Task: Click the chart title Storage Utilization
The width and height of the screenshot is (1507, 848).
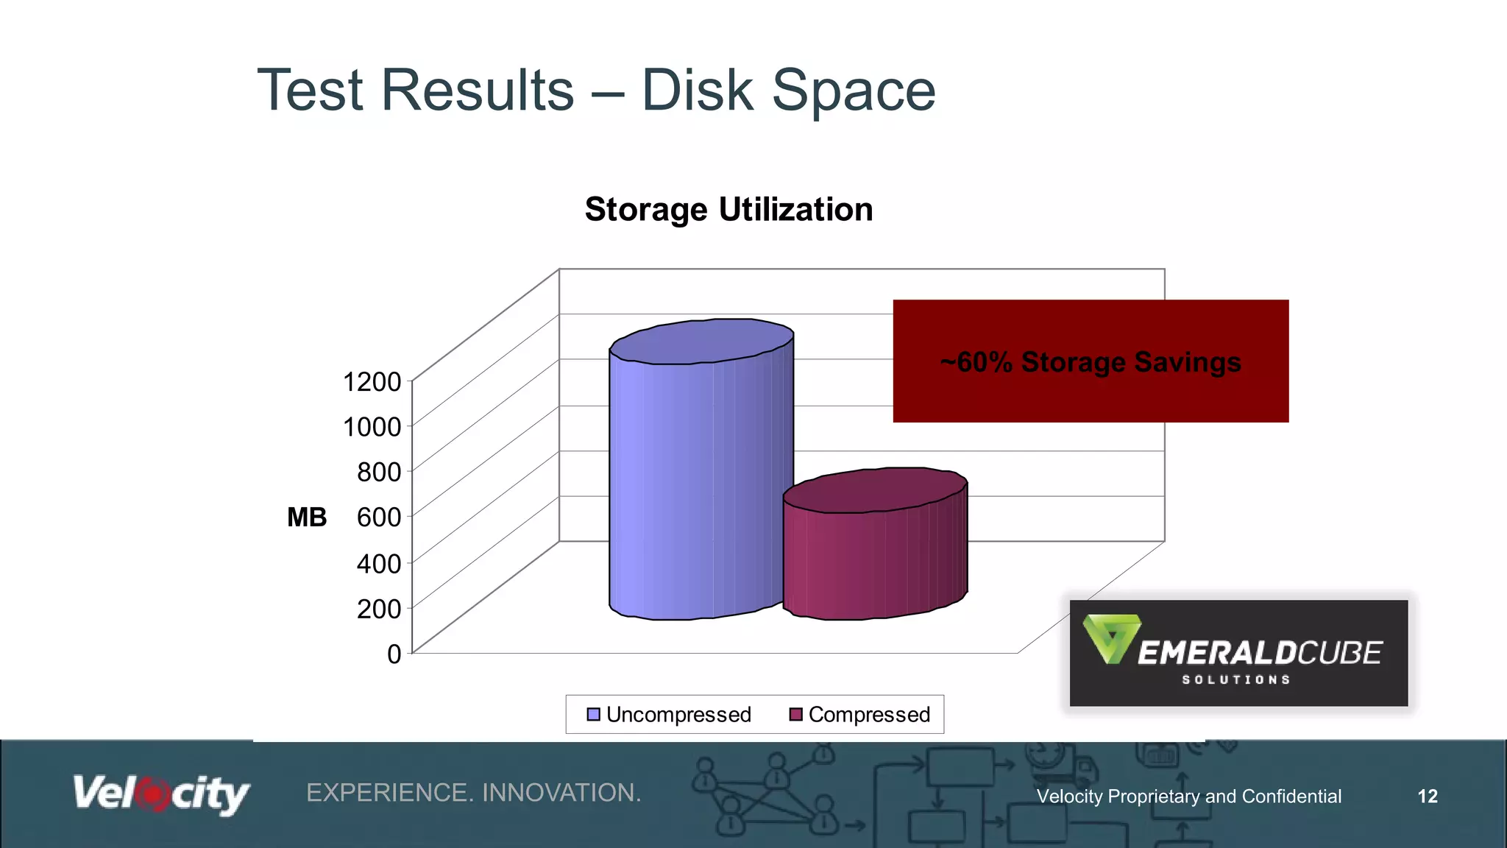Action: (728, 210)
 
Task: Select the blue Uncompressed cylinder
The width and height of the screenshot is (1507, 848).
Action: (699, 478)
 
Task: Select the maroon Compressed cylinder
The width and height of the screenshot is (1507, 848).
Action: (874, 552)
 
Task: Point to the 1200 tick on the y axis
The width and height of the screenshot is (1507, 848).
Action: (372, 382)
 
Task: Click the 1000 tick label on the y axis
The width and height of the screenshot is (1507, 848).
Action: (372, 427)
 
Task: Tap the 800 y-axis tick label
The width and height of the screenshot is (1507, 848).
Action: (379, 472)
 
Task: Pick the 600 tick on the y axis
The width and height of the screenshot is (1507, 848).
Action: (379, 517)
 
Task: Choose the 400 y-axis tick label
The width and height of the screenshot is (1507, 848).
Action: (379, 564)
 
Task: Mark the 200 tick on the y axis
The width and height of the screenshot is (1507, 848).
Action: (379, 609)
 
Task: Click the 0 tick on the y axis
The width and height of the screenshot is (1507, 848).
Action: (394, 654)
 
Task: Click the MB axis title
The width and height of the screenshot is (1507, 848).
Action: (307, 517)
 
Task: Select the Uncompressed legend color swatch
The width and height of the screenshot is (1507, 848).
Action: (593, 715)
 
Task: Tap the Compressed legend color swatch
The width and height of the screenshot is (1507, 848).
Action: (795, 715)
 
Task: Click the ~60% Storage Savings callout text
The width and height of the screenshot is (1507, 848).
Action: (1091, 362)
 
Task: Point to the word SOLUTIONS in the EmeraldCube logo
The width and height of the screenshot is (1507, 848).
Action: (1236, 680)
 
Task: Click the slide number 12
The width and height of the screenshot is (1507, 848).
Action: (1428, 796)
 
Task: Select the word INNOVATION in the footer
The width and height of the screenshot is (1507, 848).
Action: (561, 793)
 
